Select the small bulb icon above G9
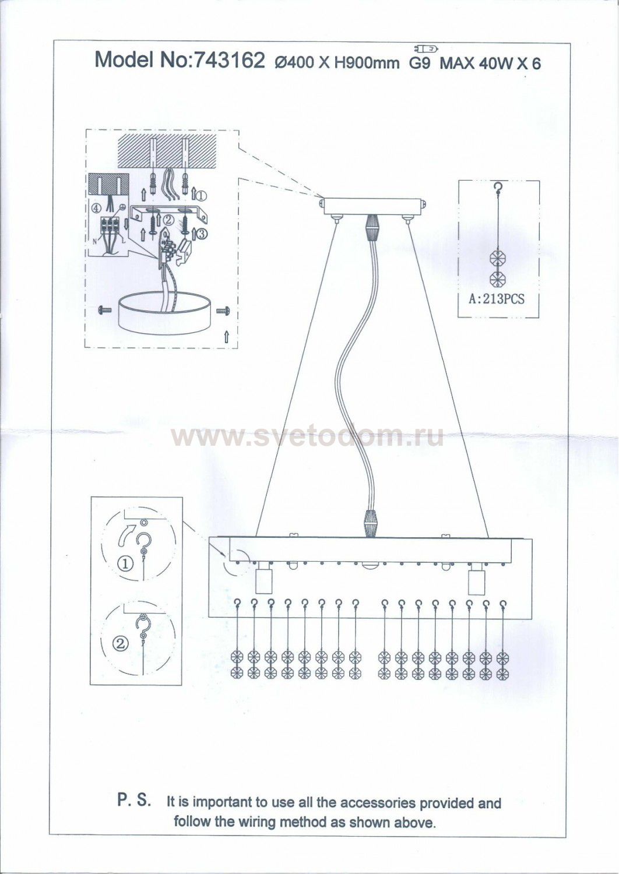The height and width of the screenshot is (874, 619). coord(425,49)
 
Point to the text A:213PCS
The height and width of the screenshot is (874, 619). coord(497,299)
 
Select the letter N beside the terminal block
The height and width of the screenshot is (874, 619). coord(95,241)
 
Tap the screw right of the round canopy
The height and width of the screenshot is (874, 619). coord(222,311)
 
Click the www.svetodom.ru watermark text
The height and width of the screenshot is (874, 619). coord(307,436)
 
